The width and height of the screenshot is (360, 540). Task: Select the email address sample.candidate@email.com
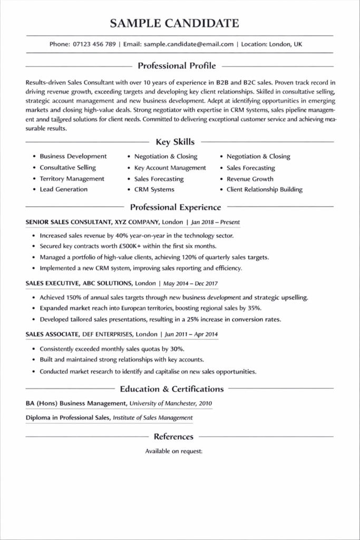click(x=188, y=44)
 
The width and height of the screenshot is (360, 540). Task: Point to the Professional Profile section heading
click(x=177, y=66)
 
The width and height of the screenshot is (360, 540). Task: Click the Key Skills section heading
click(x=176, y=142)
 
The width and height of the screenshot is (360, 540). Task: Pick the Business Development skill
click(x=73, y=157)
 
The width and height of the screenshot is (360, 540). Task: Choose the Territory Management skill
click(x=72, y=179)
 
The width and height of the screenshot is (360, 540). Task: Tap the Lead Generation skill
click(x=64, y=189)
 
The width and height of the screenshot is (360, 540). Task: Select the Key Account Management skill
click(x=170, y=168)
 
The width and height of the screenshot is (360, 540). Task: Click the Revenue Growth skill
click(x=250, y=179)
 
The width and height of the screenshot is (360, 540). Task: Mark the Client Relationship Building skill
click(x=265, y=189)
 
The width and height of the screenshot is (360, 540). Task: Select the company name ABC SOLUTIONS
click(x=108, y=283)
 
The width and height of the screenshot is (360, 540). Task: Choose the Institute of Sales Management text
click(x=153, y=418)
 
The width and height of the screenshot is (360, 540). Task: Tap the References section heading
click(x=173, y=437)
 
